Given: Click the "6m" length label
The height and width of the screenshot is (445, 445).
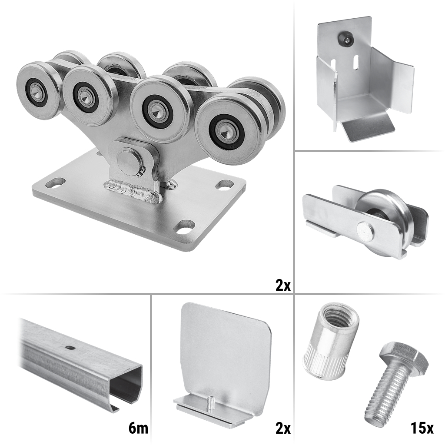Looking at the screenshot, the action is (x=138, y=428).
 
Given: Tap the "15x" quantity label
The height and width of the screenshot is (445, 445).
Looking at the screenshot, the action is (x=422, y=428).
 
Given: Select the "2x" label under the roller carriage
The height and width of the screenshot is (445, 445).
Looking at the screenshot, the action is (x=283, y=285).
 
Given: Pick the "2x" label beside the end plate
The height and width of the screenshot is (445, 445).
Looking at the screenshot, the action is (x=283, y=428).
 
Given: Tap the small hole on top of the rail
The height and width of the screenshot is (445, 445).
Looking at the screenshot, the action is (x=69, y=347).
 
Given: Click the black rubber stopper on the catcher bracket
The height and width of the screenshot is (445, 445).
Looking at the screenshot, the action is (x=346, y=39).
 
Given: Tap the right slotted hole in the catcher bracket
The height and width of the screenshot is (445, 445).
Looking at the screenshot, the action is (x=355, y=63).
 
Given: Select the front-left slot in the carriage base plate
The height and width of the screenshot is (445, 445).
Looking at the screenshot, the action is (x=55, y=183).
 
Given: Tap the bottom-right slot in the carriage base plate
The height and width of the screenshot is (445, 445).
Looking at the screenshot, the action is (x=184, y=226).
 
